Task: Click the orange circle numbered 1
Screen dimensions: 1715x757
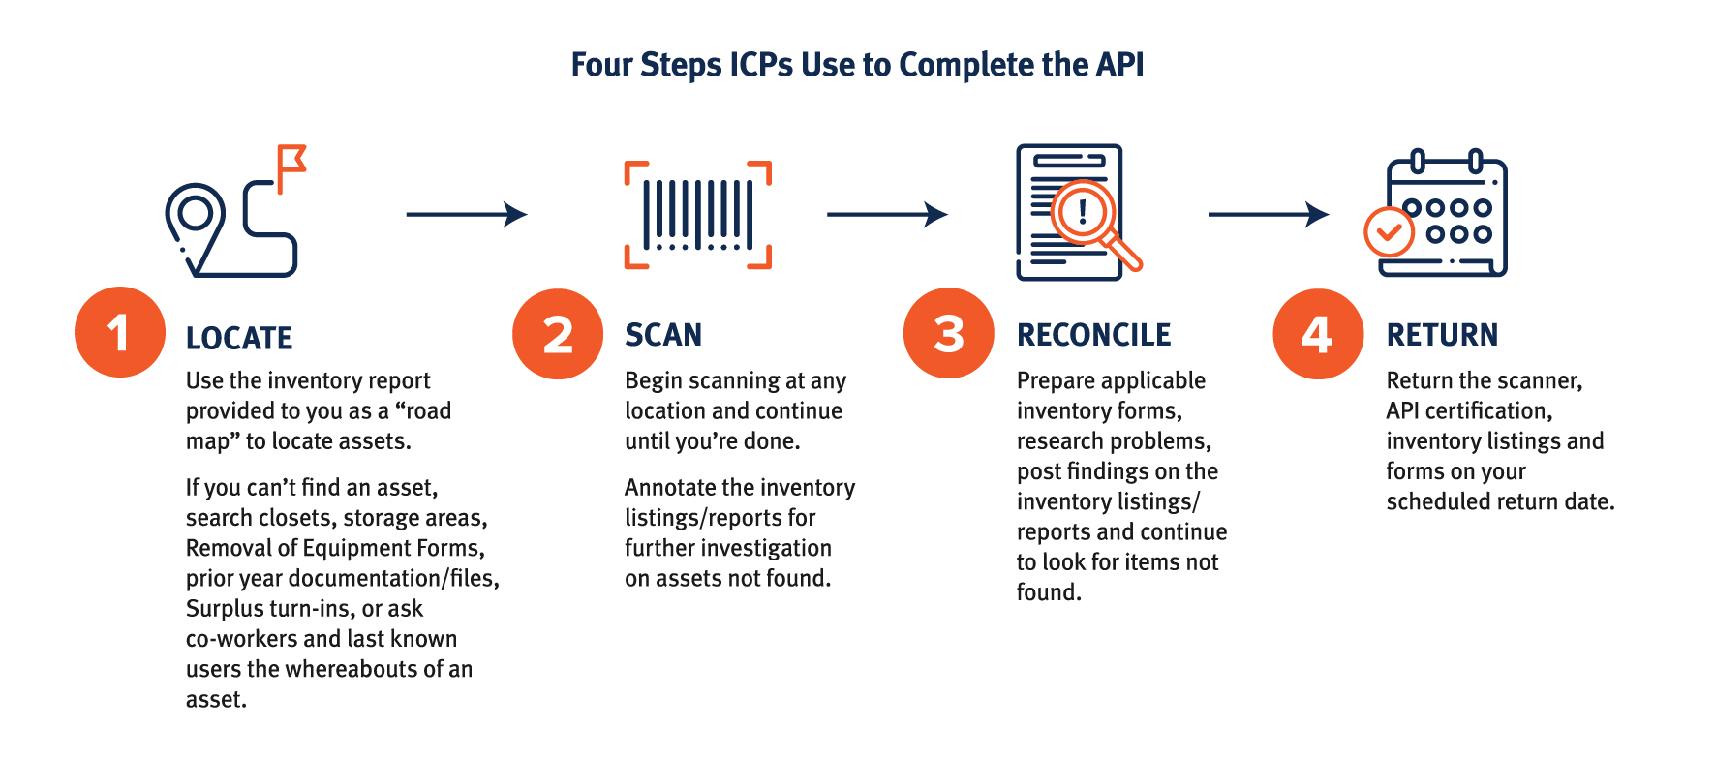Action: [x=120, y=332]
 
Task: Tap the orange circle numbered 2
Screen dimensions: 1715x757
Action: [x=558, y=334]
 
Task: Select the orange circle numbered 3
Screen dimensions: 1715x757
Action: [x=949, y=333]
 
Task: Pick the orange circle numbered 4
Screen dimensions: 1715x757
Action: [x=1318, y=334]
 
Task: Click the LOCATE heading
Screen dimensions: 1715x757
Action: [x=239, y=338]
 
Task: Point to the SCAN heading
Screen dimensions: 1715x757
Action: [x=663, y=335]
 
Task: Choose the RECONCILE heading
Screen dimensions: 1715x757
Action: [x=1093, y=335]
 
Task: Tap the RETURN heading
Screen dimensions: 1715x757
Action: [x=1442, y=335]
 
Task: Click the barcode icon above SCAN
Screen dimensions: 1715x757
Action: [x=698, y=214]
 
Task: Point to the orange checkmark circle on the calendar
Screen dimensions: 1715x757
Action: [x=1389, y=231]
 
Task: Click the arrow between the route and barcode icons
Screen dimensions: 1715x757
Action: [x=467, y=214]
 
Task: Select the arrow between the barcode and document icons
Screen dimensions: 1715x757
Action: [x=887, y=214]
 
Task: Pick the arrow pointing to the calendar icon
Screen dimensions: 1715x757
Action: [x=1269, y=214]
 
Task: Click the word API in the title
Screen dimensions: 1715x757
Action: [x=1120, y=65]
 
